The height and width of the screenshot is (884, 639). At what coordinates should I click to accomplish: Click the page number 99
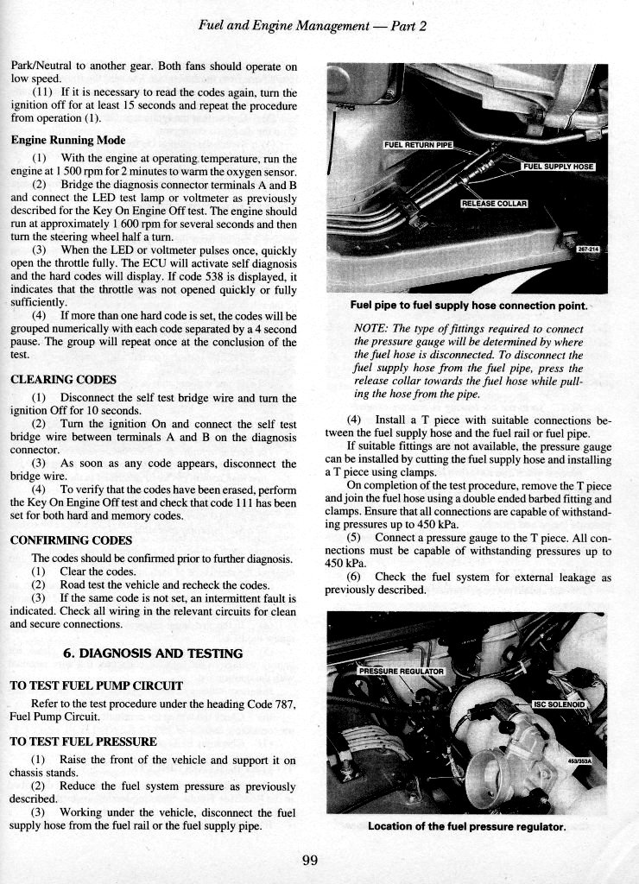pyautogui.click(x=312, y=859)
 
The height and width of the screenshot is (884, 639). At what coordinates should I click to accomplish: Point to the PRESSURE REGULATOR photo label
pyautogui.click(x=401, y=671)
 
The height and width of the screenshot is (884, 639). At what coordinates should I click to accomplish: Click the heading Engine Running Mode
pyautogui.click(x=68, y=140)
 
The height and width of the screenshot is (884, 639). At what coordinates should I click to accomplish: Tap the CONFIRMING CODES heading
pyautogui.click(x=70, y=540)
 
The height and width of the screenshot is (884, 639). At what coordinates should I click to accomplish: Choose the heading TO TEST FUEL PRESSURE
pyautogui.click(x=83, y=741)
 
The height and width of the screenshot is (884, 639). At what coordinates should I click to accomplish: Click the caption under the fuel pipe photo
pyautogui.click(x=469, y=306)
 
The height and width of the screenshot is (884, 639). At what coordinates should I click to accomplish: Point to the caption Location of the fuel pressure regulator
pyautogui.click(x=466, y=826)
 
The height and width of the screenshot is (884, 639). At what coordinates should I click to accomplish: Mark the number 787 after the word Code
pyautogui.click(x=283, y=704)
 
